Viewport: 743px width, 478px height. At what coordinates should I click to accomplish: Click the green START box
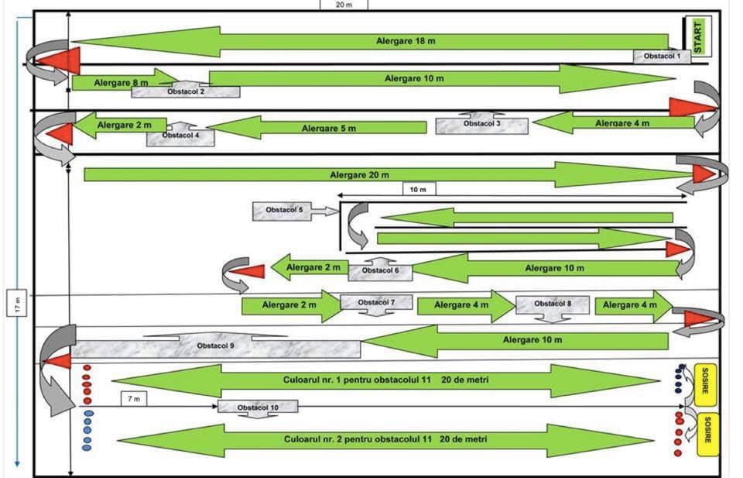[698, 36]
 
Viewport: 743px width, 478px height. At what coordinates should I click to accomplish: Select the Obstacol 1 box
[662, 57]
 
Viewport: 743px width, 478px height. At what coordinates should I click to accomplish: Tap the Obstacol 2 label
[186, 91]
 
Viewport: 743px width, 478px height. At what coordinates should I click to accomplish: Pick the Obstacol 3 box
[482, 126]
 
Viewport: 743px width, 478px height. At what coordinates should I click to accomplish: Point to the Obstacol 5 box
[282, 211]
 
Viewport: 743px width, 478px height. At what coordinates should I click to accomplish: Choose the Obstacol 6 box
[380, 272]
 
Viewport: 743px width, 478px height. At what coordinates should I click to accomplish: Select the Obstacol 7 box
[376, 303]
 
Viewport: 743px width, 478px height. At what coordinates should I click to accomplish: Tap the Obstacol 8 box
[553, 304]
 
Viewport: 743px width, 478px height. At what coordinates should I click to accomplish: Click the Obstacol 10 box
[258, 407]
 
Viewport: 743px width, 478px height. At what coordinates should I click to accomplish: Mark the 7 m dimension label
[134, 399]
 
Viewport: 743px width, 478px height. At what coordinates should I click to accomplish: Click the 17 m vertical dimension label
[17, 303]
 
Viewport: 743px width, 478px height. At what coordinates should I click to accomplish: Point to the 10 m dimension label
[419, 189]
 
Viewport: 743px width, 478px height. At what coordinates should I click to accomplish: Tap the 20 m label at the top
[344, 5]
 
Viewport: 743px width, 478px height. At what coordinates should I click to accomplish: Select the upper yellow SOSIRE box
[705, 385]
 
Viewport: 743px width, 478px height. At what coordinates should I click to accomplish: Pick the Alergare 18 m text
[406, 41]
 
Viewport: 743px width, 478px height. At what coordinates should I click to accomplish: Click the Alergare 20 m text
[360, 175]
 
